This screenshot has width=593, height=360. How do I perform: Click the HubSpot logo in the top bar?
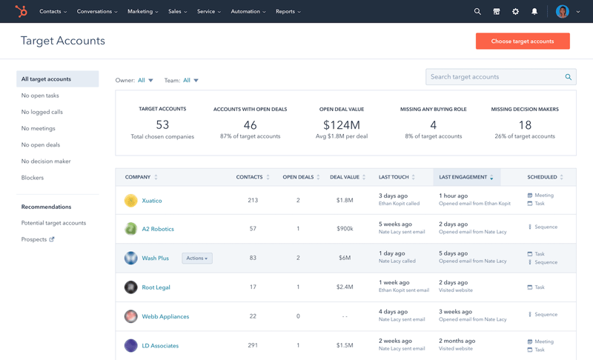[x=21, y=12]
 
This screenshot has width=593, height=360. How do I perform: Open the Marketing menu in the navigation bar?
[x=142, y=12]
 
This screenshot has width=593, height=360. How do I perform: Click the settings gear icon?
[x=515, y=12]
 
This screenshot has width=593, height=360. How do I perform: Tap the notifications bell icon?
[x=534, y=12]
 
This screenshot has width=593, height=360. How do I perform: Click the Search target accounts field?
[x=495, y=77]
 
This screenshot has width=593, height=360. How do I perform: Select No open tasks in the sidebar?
[x=40, y=96]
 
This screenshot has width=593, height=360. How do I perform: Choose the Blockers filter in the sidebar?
[x=33, y=178]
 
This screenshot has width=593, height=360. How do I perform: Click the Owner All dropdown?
[x=145, y=80]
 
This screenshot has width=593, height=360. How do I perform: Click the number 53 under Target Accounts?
[x=162, y=124]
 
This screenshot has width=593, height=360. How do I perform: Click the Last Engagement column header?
[x=463, y=177]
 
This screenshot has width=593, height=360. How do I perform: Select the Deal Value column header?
[x=345, y=177]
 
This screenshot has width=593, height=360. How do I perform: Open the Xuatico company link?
[x=152, y=201]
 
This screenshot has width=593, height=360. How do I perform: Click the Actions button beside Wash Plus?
[x=197, y=259]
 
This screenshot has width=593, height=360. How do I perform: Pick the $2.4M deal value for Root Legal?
[x=345, y=287]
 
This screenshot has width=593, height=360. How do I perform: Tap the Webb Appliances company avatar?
[x=131, y=316]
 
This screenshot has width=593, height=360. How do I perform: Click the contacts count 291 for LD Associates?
[x=253, y=346]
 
